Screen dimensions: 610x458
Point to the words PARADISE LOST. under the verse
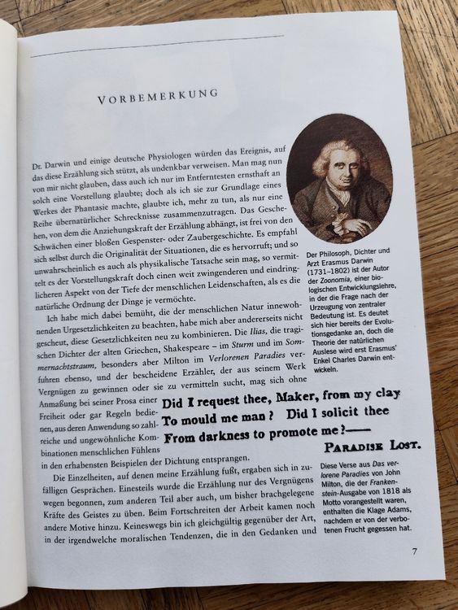(x=372, y=447)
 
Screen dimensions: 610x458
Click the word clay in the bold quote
(x=381, y=396)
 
